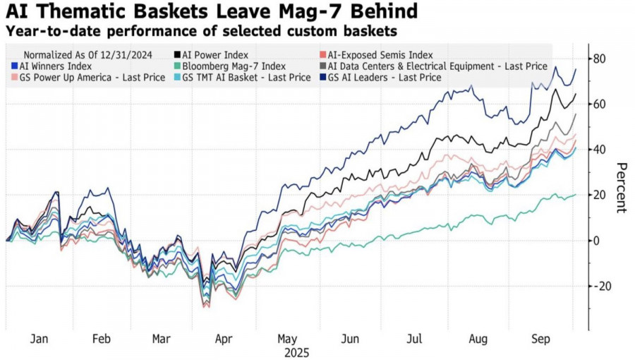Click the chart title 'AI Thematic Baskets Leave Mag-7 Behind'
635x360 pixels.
(211, 11)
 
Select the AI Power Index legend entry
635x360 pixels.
(214, 54)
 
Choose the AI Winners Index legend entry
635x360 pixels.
(52, 66)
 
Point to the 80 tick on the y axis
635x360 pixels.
(600, 59)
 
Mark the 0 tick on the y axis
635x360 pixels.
(597, 241)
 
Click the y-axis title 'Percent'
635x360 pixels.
(622, 187)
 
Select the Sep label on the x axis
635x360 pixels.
(540, 338)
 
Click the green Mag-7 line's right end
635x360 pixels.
(576, 195)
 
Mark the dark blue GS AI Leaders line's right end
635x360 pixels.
(576, 68)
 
